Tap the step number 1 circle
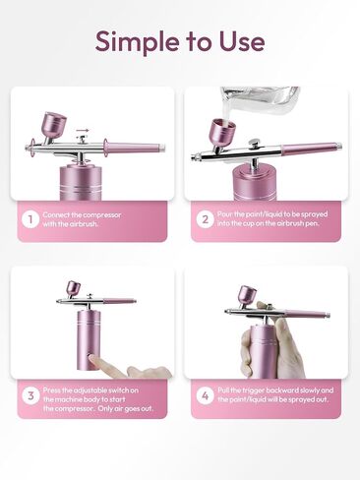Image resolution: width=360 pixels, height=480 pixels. pyautogui.click(x=30, y=219)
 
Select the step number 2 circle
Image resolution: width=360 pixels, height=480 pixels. pyautogui.click(x=205, y=219)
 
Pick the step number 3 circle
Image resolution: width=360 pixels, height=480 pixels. pyautogui.click(x=30, y=395)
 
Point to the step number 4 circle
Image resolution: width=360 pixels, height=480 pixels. pyautogui.click(x=205, y=395)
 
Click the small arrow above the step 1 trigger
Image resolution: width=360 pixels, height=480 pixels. pyautogui.click(x=83, y=130)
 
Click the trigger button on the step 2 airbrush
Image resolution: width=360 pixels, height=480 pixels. pyautogui.click(x=253, y=144)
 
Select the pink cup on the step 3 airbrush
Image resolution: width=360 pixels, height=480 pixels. pyautogui.click(x=74, y=288)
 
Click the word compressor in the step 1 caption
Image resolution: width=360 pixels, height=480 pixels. pyautogui.click(x=102, y=215)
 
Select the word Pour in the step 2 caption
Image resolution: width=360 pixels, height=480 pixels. pyautogui.click(x=224, y=214)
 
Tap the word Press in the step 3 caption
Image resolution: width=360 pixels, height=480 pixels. pyautogui.click(x=51, y=390)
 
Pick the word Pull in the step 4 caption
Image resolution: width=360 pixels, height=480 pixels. pyautogui.click(x=223, y=390)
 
